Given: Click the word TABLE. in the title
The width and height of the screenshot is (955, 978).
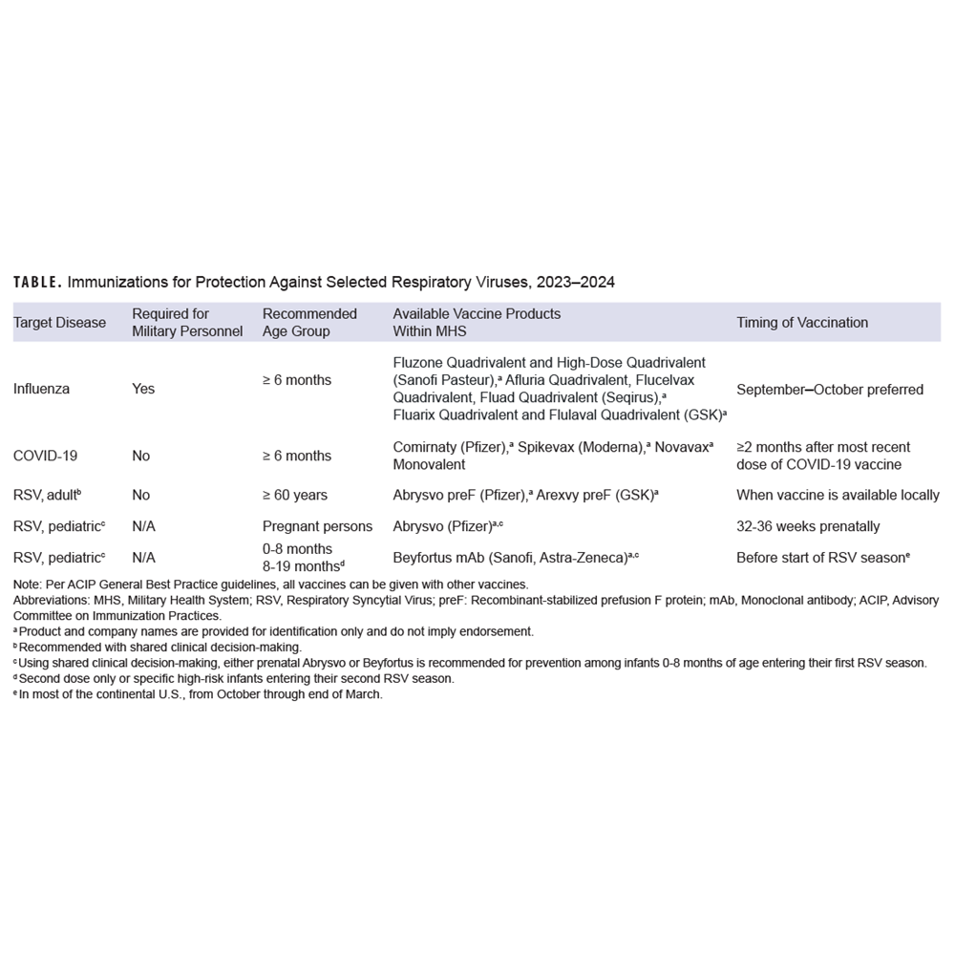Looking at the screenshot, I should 37,283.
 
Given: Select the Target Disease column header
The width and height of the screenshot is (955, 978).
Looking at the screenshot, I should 59,323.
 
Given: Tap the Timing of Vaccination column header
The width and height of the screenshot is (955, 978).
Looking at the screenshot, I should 802,323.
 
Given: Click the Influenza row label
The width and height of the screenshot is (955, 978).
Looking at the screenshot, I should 41,389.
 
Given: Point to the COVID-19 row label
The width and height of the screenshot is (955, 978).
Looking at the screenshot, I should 45,456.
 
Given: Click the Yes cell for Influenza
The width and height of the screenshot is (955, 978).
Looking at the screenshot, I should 143,389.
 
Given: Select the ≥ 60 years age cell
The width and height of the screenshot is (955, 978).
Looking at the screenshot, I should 295,495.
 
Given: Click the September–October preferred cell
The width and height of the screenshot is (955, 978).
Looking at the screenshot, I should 830,389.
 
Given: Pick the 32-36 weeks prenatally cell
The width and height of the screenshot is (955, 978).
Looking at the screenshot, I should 808,526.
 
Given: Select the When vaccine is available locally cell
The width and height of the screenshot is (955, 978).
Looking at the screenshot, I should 838,495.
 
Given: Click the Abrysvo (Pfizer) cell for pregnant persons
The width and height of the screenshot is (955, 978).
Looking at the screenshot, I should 445,526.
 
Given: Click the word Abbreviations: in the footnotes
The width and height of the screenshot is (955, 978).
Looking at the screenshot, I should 54,601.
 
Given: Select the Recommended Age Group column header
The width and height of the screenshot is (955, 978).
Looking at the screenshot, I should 309,323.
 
